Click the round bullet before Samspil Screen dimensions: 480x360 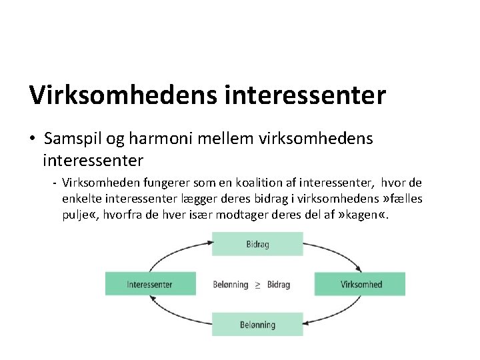33,139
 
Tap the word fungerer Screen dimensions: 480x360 159,183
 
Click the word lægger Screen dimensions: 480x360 190,199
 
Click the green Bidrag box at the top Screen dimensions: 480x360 257,244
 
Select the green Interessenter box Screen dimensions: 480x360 150,284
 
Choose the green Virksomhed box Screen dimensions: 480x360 361,284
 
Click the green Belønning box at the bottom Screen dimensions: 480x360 257,325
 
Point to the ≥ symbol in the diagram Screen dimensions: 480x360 258,285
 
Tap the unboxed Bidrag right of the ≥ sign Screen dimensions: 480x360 279,285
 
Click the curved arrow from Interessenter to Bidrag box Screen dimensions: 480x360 173,252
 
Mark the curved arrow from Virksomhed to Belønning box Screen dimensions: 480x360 340,317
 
